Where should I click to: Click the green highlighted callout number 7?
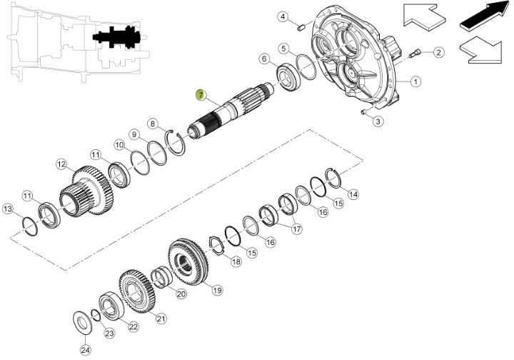pos(200,95)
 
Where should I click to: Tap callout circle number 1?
pos(415,81)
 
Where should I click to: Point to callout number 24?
pos(85,350)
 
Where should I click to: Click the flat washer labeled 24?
pos(82,323)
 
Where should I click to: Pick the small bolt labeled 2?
pos(415,54)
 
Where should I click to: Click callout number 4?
pos(283,16)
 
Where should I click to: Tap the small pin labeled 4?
pos(301,28)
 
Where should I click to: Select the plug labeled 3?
pos(363,112)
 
